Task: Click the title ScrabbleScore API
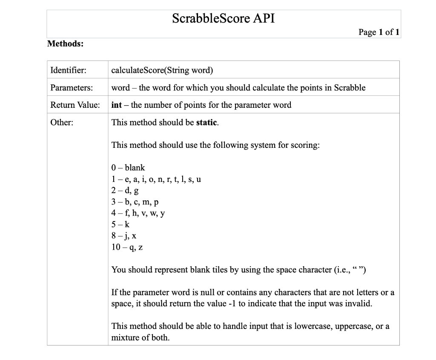[223, 19]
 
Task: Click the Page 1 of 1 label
[379, 32]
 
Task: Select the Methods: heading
[65, 43]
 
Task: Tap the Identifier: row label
[68, 70]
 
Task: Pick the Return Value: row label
[75, 105]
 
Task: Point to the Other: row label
[62, 122]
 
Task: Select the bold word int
[116, 105]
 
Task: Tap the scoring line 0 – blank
[128, 168]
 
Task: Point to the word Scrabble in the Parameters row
[350, 88]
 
